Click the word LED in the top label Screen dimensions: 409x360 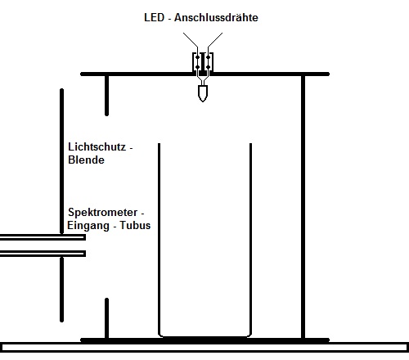[x=155, y=17]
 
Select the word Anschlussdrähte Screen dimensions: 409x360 [x=216, y=17]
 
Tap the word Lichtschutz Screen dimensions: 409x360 [x=97, y=147]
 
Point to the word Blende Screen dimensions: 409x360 [x=86, y=160]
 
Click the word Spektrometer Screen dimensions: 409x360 [x=103, y=213]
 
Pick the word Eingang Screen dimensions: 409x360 [x=88, y=226]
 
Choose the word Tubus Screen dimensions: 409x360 [x=135, y=225]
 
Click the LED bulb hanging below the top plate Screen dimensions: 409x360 [x=203, y=93]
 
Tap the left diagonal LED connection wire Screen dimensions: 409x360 [x=191, y=40]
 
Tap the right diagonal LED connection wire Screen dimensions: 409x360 [x=215, y=40]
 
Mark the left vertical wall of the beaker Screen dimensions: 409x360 [x=159, y=239]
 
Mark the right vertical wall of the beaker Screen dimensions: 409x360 [x=250, y=239]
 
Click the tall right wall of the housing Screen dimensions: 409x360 [x=303, y=207]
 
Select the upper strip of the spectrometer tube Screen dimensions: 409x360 [x=43, y=237]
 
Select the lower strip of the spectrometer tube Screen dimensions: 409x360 [x=43, y=254]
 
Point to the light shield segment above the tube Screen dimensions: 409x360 [x=61, y=161]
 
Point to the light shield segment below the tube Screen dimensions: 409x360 [x=61, y=290]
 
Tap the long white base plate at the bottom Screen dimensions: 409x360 [x=204, y=347]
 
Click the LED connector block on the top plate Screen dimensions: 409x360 [x=203, y=63]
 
